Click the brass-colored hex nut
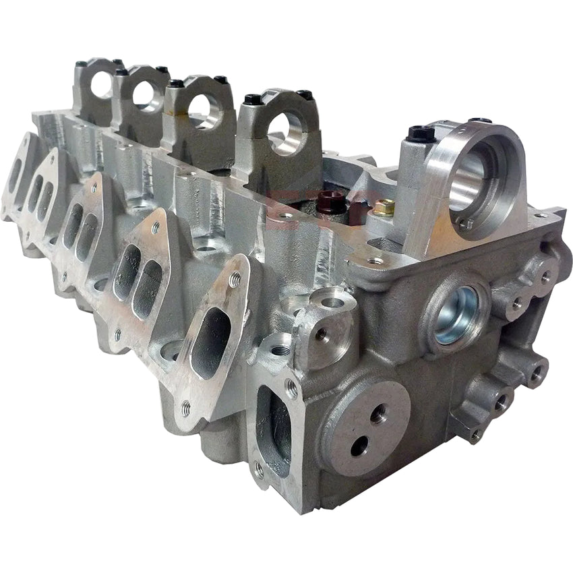pos(383,208)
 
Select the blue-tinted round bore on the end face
pos(456,315)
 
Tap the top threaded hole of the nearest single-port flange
pos(234,278)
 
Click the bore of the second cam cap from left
pos(145,95)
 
